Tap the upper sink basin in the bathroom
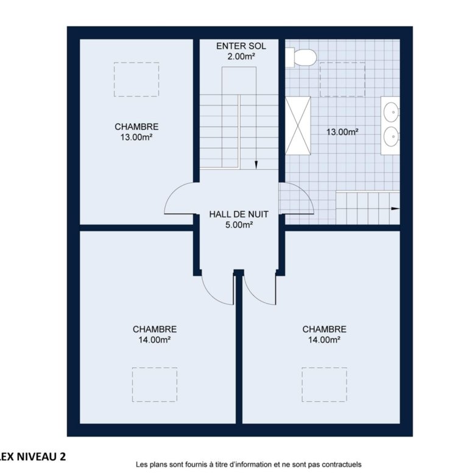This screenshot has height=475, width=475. [391, 112]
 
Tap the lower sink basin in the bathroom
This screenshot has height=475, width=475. [391, 136]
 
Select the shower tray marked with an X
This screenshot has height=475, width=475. [298, 125]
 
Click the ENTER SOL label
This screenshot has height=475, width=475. [241, 46]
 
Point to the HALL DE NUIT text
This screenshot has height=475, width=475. [239, 214]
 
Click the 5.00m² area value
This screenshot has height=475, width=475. [239, 225]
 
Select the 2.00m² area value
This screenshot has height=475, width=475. [241, 57]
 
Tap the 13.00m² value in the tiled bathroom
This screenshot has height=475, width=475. [343, 132]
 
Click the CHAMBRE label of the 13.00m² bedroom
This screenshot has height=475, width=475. [136, 127]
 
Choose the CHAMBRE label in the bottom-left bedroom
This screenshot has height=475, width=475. [155, 329]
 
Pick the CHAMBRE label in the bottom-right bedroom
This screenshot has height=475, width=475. [324, 329]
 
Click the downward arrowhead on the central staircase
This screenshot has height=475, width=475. [256, 165]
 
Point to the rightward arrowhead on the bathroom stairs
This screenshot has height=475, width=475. [395, 208]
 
